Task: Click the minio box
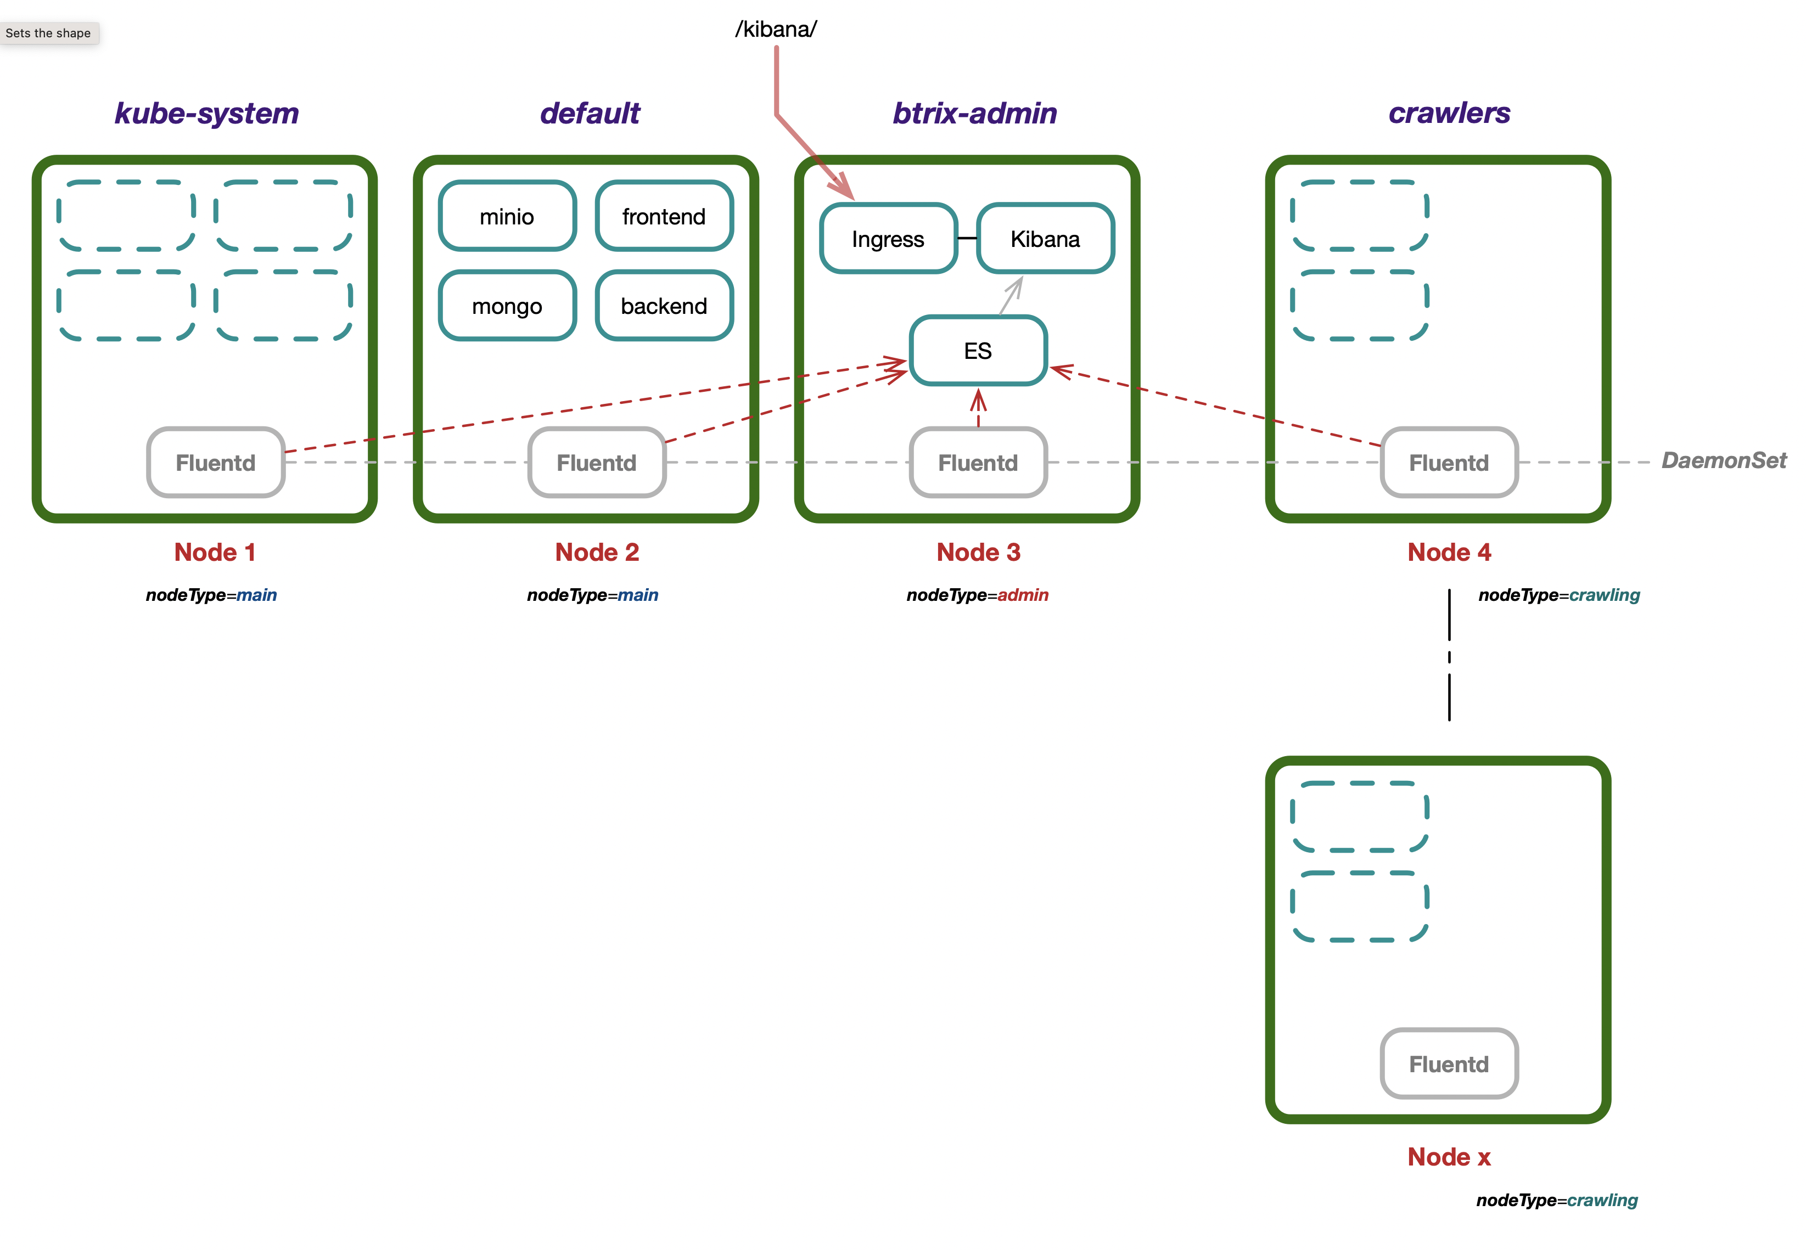coord(507,216)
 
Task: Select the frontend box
coord(664,216)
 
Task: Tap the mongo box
coord(507,306)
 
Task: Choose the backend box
coord(664,306)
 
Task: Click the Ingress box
coord(888,239)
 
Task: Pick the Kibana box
coord(1045,239)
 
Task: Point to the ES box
coord(978,351)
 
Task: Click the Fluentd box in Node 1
coord(216,463)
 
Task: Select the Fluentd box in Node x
coord(1448,1063)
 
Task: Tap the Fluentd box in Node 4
coord(1448,463)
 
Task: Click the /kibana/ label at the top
coord(776,30)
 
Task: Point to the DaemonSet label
coord(1723,460)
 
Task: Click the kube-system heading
coord(207,114)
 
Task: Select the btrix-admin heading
coord(975,114)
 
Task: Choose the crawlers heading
coord(1449,114)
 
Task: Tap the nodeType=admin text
coord(977,595)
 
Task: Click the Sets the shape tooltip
coord(48,33)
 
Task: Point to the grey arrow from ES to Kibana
coord(1011,296)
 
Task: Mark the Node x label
coord(1448,1157)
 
